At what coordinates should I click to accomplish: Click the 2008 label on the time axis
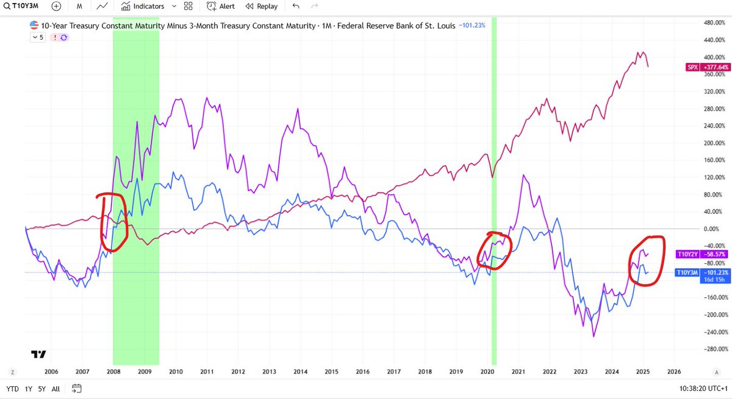pyautogui.click(x=113, y=372)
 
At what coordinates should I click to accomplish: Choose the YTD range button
pyautogui.click(x=12, y=388)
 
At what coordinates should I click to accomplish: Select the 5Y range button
pyautogui.click(x=41, y=388)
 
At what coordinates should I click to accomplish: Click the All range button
pyautogui.click(x=56, y=388)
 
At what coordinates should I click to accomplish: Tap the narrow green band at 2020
pyautogui.click(x=494, y=183)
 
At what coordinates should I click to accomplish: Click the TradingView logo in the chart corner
pyautogui.click(x=38, y=354)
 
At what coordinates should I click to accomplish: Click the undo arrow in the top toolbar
pyautogui.click(x=296, y=7)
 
